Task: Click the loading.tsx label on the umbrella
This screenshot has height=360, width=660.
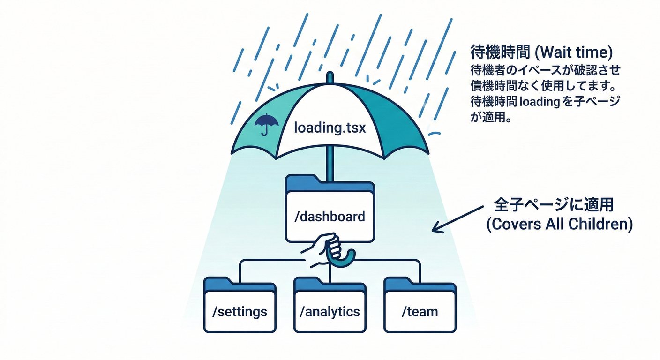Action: coord(330,127)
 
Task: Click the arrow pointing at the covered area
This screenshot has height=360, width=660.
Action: coord(457,217)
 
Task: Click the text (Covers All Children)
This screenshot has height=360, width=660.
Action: coord(559,224)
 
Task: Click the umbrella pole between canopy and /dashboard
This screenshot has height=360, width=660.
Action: coord(330,167)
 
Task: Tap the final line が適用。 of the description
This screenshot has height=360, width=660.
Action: coord(490,117)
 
